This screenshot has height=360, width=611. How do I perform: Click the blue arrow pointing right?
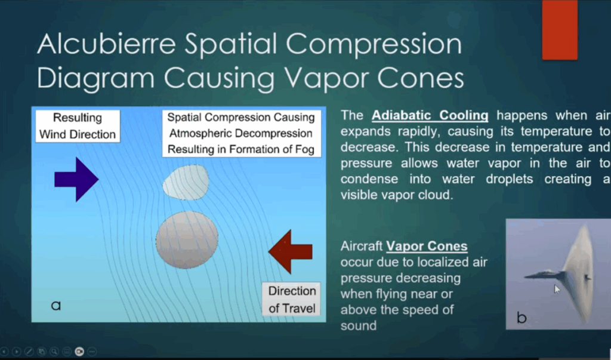coord(76,180)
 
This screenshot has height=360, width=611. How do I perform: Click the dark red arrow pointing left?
coord(291,251)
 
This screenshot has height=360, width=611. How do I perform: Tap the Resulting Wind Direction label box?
coord(78,126)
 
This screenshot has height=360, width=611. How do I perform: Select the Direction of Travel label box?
coord(291,299)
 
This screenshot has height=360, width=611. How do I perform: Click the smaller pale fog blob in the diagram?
coord(186,182)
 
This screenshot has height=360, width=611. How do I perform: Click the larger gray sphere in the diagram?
coord(187,239)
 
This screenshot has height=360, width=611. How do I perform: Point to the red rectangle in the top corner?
coord(560,30)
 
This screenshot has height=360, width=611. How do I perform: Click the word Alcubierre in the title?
coord(106,44)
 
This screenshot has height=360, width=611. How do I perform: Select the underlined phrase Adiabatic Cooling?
coord(430,115)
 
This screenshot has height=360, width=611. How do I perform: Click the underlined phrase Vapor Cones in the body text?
coord(427,246)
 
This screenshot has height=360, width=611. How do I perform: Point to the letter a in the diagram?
coord(56,306)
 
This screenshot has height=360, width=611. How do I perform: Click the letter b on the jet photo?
coord(521,318)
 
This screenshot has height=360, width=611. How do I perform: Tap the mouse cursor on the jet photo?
coord(557,289)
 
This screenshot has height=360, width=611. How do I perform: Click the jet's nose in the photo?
coord(526,277)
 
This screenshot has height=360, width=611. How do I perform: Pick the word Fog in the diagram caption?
coord(305,149)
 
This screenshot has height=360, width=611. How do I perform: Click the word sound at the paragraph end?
coord(359,326)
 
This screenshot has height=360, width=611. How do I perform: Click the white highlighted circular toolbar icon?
coord(79,352)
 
